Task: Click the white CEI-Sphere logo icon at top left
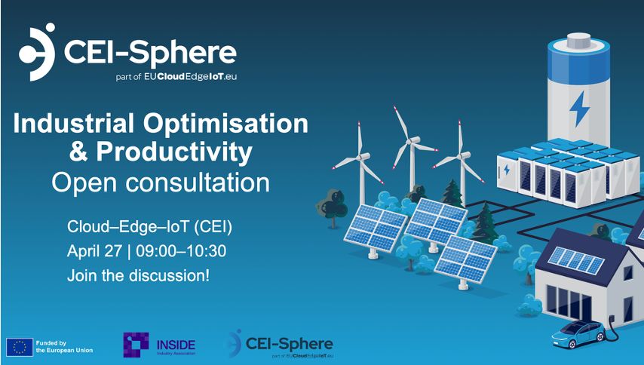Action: coord(37,52)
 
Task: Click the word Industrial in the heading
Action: coord(74,123)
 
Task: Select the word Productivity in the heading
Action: coord(174,152)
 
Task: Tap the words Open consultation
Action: coord(161,182)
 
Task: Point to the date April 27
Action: coord(94,251)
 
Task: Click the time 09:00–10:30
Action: coord(181,251)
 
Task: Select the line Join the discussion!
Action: coord(139,275)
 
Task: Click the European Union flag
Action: coord(20,347)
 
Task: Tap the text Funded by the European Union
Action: coord(64,347)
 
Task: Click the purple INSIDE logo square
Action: coord(136,345)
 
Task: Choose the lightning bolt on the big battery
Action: coord(579,109)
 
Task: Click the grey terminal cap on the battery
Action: coord(578,41)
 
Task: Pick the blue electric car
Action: coord(578,334)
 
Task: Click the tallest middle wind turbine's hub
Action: coord(411,141)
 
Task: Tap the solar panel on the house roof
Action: coord(576,260)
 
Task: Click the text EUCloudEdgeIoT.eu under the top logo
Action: coord(190,77)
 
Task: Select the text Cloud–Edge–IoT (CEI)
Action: coord(149,227)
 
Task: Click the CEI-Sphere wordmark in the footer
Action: coord(289,343)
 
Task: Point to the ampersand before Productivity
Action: coord(78,151)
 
